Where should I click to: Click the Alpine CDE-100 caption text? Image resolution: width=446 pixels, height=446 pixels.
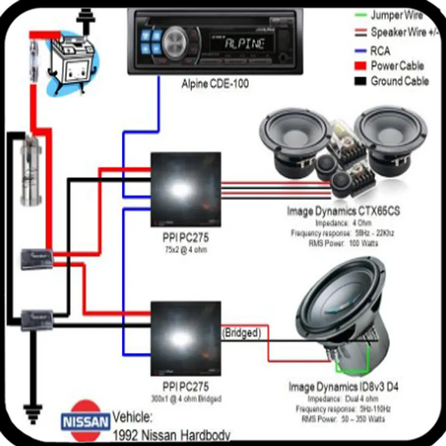[x=215, y=84]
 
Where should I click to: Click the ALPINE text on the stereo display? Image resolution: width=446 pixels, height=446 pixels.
[x=244, y=44]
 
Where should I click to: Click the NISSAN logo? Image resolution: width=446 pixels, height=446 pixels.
[x=86, y=422]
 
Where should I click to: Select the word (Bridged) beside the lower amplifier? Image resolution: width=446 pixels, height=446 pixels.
[x=241, y=333]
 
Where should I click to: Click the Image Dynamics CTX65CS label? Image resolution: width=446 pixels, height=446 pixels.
[x=343, y=211]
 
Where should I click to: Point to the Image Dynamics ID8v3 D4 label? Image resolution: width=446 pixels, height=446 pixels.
[x=343, y=386]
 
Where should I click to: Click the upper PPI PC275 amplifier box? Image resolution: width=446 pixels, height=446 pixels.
[x=185, y=189]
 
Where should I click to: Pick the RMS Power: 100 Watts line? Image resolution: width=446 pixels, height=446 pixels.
[x=343, y=243]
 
